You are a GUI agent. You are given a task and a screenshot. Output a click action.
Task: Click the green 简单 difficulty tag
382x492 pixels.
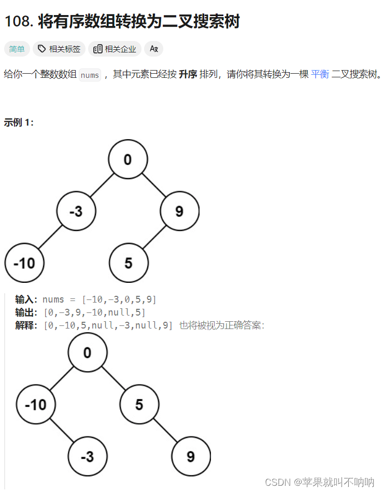tap(17, 49)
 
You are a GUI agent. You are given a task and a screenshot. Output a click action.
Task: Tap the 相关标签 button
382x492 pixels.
tap(59, 49)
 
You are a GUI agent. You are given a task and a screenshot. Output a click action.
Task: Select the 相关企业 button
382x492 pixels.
tap(115, 49)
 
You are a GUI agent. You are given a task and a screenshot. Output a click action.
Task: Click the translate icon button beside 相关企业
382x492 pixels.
tap(153, 49)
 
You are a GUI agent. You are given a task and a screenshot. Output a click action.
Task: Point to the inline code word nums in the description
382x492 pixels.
tap(90, 75)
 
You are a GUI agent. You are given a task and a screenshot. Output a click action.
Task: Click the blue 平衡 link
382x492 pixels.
tap(320, 74)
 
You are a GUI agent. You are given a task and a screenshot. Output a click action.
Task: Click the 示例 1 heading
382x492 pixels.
tap(19, 122)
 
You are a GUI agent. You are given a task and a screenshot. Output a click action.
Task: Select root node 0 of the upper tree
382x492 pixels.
tap(128, 159)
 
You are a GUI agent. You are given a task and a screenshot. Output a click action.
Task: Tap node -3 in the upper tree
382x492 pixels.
tap(76, 211)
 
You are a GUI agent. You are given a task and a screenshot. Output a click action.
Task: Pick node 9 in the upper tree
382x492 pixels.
tap(179, 211)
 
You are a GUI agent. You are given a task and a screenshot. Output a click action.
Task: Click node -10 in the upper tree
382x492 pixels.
tap(24, 263)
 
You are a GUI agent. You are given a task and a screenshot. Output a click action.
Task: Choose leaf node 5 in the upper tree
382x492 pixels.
tap(129, 263)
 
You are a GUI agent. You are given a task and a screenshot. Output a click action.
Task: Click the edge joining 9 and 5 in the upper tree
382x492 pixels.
tap(154, 237)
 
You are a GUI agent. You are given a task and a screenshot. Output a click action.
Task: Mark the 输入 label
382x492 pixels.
tap(26, 299)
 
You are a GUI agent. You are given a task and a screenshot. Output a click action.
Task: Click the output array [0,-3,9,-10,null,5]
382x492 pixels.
tap(95, 312)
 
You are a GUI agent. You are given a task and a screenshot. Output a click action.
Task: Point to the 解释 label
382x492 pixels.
tap(26, 325)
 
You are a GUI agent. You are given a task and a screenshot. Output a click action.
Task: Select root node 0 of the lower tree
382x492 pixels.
tap(87, 353)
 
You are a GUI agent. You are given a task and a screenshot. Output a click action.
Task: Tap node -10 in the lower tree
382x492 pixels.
tap(36, 404)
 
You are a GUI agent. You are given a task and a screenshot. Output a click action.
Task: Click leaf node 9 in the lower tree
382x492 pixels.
tap(191, 457)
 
